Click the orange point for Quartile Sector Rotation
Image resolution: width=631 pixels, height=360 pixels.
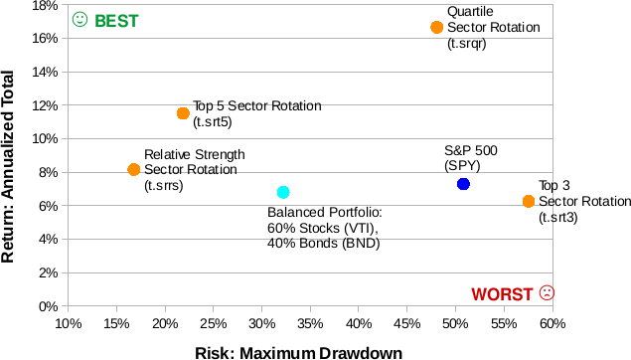pos(437,27)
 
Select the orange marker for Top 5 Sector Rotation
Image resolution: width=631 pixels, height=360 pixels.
pos(183,113)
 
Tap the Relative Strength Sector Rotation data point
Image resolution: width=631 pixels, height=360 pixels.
pos(134,170)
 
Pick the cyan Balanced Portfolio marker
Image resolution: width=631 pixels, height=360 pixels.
pos(283,192)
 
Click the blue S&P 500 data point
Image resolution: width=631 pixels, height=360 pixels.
pos(463,184)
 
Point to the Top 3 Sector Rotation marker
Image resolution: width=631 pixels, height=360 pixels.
pos(529,201)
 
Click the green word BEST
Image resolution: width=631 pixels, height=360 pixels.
pos(116,21)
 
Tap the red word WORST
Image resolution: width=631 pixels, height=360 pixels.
pos(502,293)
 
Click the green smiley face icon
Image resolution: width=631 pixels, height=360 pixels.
pos(80,20)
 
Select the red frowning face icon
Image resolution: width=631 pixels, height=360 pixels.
pos(546,292)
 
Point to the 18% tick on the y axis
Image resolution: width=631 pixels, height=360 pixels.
pos(44,5)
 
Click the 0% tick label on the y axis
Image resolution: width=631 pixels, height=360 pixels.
pos(47,306)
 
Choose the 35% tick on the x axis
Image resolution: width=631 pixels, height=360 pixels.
pos(310,324)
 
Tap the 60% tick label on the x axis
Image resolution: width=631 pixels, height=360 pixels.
pos(552,324)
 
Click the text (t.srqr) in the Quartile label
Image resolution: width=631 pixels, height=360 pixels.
pos(467,44)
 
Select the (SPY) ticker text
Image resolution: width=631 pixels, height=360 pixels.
pos(462,165)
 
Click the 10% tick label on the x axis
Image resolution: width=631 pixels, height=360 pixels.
pos(68,324)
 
